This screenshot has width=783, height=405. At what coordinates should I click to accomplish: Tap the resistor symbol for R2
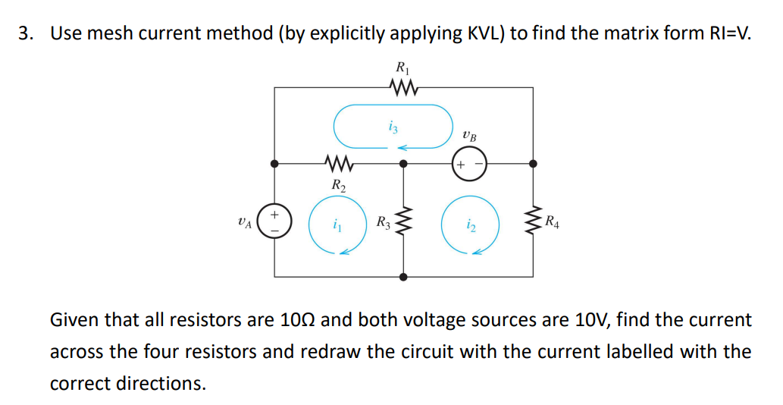tap(336, 163)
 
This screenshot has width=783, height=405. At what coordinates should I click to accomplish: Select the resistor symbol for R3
tap(403, 222)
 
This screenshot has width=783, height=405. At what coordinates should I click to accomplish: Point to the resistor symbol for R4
tap(534, 222)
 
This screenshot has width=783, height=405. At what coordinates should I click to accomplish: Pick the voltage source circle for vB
tap(468, 164)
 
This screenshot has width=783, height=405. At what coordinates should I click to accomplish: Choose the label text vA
tap(243, 222)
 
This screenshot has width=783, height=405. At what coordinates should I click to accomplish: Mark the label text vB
tap(470, 137)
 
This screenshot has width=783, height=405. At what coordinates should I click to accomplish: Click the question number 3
tap(25, 33)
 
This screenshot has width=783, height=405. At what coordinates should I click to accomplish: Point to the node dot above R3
tap(403, 163)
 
